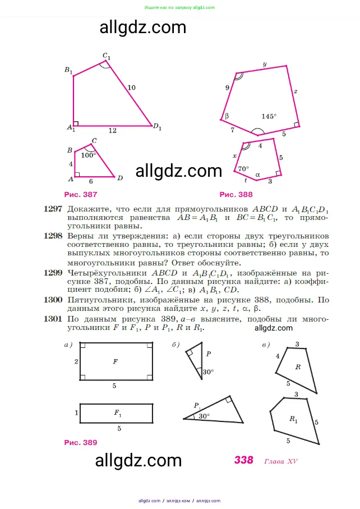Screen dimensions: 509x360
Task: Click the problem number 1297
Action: coord(53,209)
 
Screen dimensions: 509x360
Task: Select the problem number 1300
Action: coord(53,300)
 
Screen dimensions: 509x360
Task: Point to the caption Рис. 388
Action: coord(236,195)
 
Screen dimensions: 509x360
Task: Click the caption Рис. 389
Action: coord(81,442)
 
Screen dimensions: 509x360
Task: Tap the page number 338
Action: coord(244,460)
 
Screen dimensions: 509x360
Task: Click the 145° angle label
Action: coord(269,116)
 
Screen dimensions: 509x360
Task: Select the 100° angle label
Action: coord(89,155)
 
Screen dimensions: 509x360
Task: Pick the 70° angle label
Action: coord(243,168)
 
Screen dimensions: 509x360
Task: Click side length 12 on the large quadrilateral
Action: coord(112,131)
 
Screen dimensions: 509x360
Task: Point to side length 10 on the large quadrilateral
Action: coord(131,87)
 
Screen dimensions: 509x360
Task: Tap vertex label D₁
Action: coord(157,127)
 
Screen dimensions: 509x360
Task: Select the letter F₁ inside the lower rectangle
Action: coord(118,413)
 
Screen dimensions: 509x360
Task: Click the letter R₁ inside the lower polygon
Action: coord(293,419)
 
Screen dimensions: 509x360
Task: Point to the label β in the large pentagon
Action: coord(227,116)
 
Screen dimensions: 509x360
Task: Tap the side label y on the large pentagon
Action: coord(264,64)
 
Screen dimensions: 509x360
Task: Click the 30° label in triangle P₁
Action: coord(204,416)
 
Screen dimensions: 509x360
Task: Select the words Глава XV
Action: coord(280,461)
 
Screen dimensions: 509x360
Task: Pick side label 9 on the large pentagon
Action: coord(227,88)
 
